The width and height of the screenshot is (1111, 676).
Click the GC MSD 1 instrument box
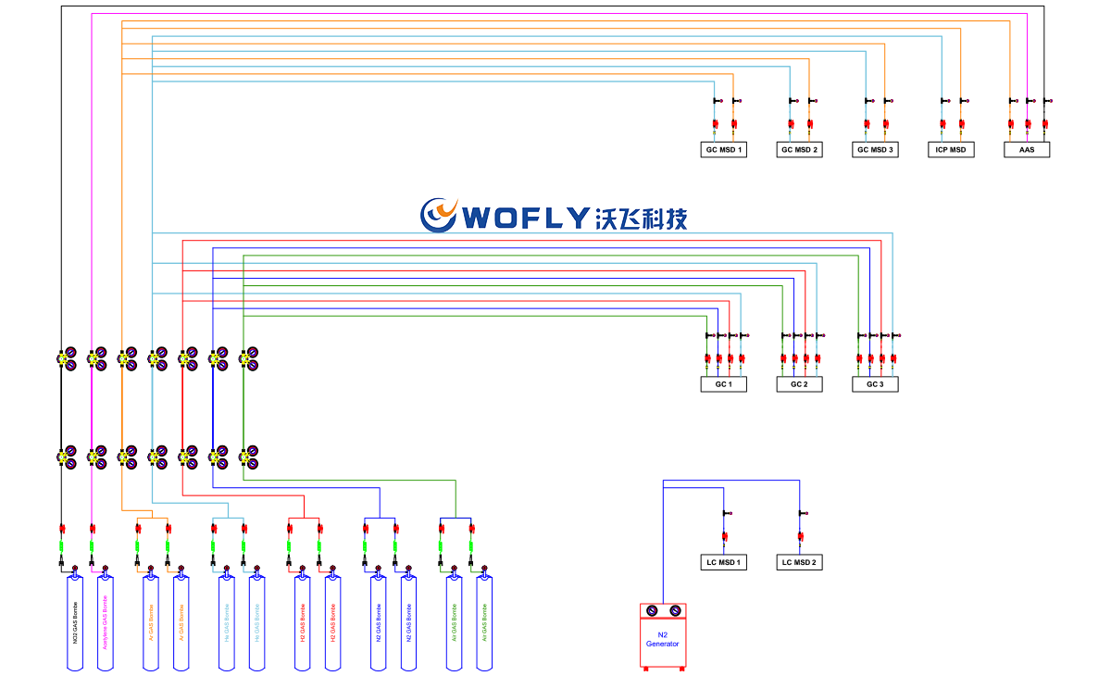coord(724,149)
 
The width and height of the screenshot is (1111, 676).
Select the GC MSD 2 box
coord(800,149)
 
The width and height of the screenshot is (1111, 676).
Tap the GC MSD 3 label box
coord(876,149)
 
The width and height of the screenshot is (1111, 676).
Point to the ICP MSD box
coord(951,149)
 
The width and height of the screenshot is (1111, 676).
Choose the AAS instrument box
coord(1027,149)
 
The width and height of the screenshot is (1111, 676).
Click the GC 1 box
coord(724,383)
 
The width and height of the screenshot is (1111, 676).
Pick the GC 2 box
coord(800,383)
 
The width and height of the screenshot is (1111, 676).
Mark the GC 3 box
coord(876,383)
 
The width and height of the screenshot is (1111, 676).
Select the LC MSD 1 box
coord(724,562)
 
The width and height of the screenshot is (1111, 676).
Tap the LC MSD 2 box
coord(800,562)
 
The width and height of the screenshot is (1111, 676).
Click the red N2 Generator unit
coord(663,640)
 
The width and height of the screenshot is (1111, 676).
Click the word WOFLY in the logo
coord(524,218)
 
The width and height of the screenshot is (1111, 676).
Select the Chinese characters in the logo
coord(642,218)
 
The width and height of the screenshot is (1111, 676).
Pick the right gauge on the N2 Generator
coord(674,610)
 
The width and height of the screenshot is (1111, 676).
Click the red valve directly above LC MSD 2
coord(801,536)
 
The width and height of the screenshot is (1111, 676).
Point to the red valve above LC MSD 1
coord(725,536)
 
